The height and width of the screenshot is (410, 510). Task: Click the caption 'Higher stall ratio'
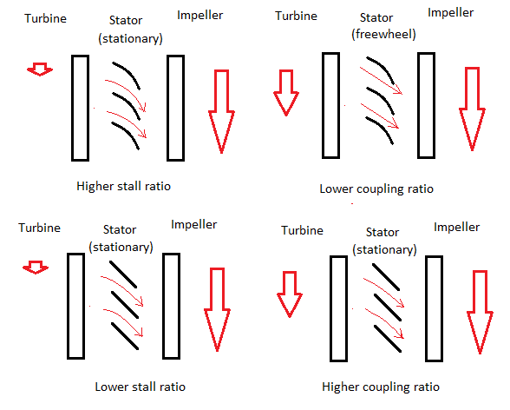[123, 186]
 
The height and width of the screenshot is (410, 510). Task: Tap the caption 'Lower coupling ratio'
[376, 188]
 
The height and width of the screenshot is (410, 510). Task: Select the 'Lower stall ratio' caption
[141, 387]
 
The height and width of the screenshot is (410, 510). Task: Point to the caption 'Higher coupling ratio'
[381, 387]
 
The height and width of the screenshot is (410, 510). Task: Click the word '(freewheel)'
[383, 34]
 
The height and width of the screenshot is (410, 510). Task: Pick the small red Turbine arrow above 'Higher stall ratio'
[40, 69]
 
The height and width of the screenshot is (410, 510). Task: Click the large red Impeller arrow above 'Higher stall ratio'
[221, 111]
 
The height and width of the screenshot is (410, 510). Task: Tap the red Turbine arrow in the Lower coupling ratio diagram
[286, 93]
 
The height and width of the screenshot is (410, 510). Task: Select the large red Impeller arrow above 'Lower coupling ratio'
[472, 109]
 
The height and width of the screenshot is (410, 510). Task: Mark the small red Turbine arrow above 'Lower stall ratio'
[36, 267]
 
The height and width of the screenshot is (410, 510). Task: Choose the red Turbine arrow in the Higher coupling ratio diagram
[290, 294]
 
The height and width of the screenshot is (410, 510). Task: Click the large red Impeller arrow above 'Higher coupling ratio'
[481, 312]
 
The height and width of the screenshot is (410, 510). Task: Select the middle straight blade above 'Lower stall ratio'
[125, 305]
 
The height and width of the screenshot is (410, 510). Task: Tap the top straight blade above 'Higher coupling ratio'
[386, 277]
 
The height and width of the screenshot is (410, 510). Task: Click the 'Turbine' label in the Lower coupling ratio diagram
[296, 16]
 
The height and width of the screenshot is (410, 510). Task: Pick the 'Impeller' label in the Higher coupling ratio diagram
[456, 228]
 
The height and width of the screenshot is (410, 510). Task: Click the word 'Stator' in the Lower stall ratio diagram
[120, 229]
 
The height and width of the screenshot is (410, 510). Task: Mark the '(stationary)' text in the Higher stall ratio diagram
[130, 39]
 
